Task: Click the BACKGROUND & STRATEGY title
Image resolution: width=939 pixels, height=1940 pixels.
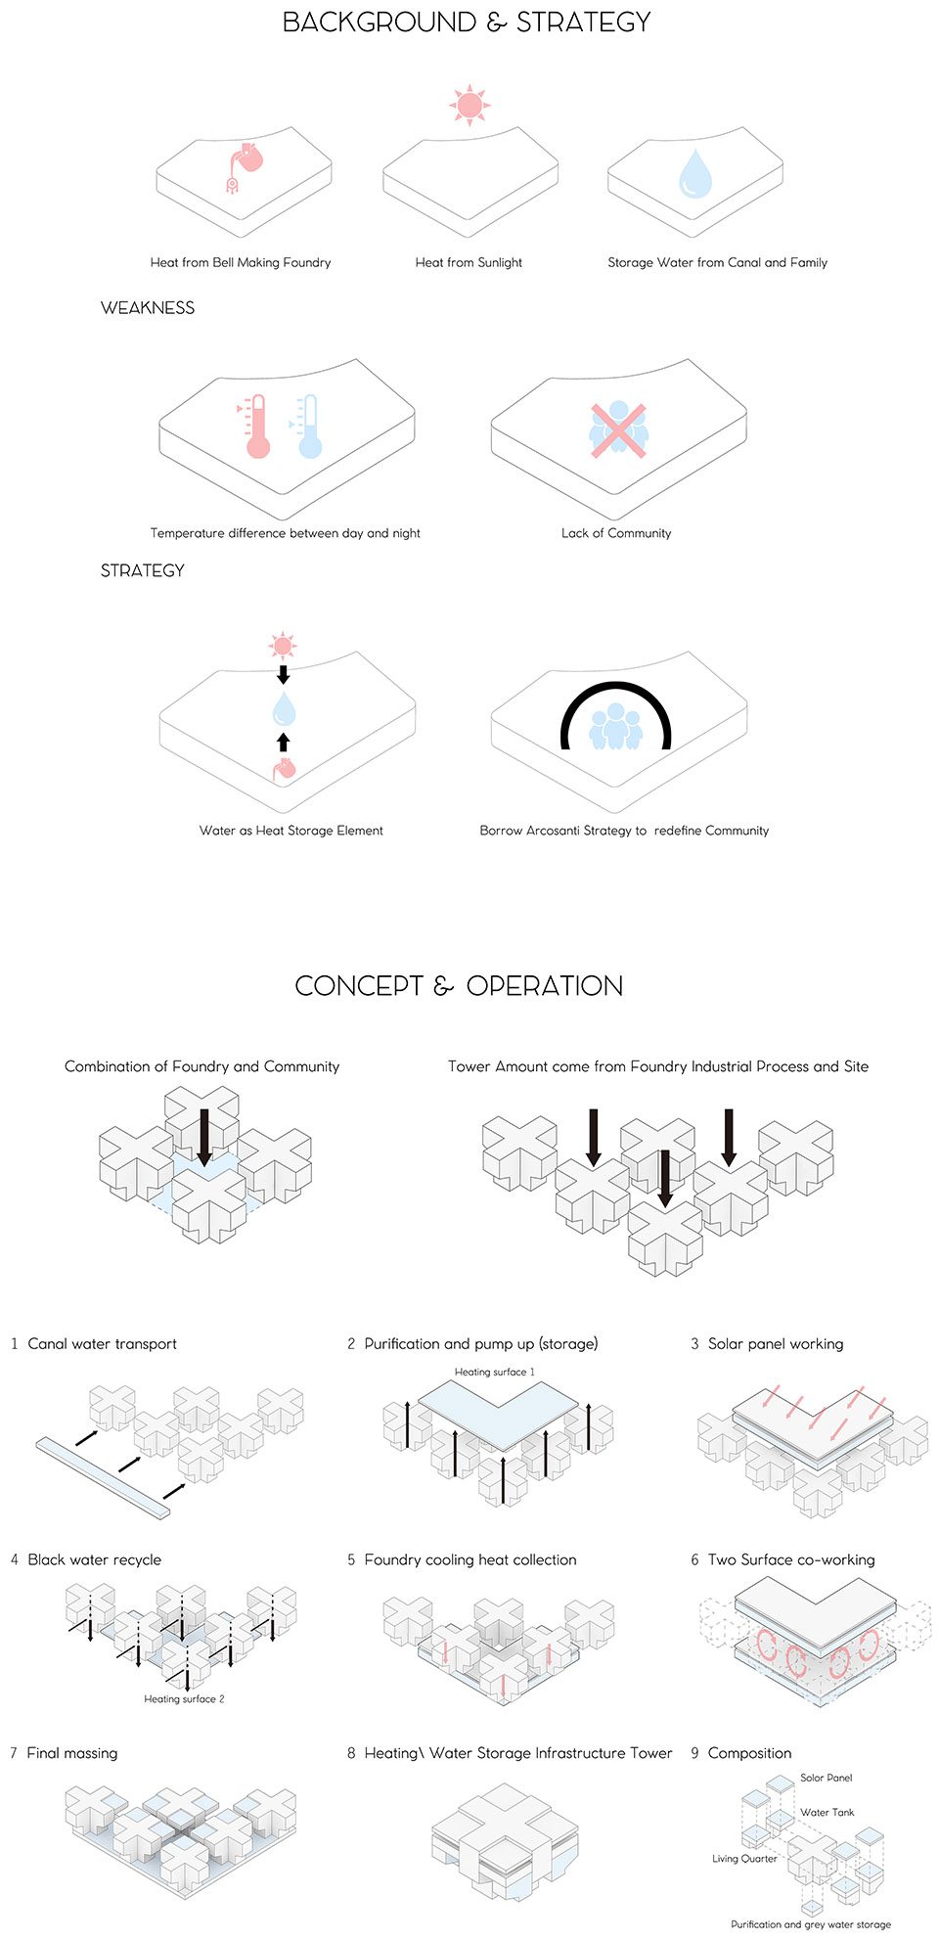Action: pos(467,23)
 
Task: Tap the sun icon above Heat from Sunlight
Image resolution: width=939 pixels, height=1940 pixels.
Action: pos(469,104)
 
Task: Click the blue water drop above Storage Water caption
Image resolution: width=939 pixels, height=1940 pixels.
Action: pos(695,172)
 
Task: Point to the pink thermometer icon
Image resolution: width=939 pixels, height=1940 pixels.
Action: pos(255,427)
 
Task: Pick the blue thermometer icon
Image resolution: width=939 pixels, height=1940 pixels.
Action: pos(307,427)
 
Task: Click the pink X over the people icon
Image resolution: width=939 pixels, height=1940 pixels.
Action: pos(618,429)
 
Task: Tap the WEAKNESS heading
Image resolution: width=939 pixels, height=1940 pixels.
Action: pos(148,308)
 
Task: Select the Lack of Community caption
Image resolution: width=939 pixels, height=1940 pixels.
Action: pos(616,533)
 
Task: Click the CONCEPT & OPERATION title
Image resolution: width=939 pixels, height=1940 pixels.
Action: pos(459,986)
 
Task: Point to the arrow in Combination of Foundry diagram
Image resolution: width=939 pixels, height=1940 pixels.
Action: pos(203,1137)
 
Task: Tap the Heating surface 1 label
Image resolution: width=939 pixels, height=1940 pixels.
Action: pos(495,1372)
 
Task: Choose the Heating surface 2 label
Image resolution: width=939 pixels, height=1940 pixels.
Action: pos(184,1698)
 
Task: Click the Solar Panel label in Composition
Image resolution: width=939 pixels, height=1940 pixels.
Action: pos(827,1778)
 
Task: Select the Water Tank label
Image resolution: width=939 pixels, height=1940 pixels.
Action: pos(827,1812)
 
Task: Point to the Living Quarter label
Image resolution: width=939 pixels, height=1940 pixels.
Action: pos(744,1858)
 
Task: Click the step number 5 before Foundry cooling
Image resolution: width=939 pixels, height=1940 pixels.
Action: pos(351,1559)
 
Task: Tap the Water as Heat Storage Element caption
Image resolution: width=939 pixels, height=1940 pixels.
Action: pos(291,831)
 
